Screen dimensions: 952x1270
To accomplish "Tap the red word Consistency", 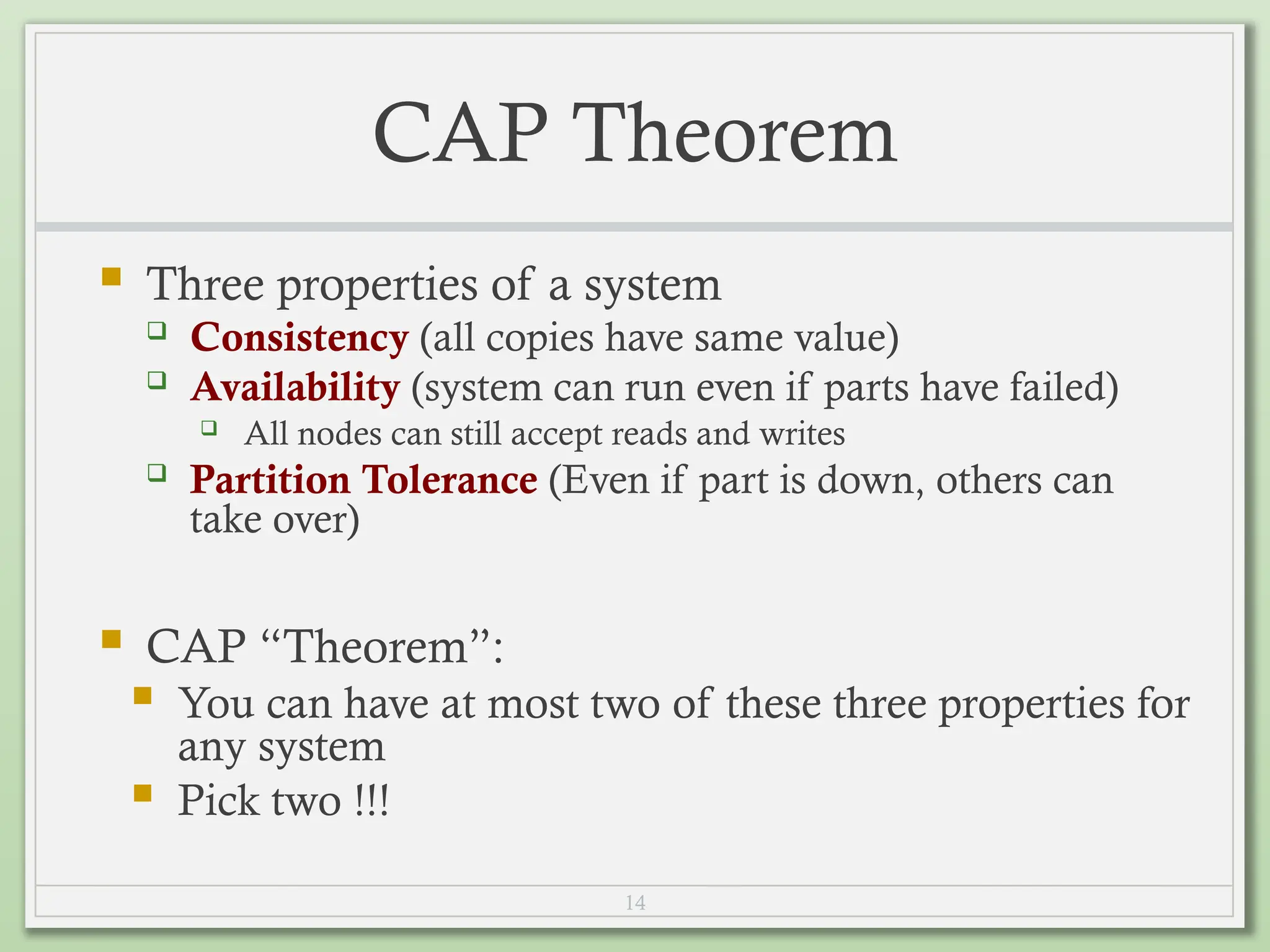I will point(300,338).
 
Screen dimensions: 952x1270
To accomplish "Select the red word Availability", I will point(295,387).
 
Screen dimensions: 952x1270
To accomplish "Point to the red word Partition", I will point(270,480).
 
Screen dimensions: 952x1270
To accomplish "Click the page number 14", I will point(635,902).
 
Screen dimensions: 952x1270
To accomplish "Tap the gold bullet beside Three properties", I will point(112,276).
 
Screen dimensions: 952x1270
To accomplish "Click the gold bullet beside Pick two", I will point(143,793).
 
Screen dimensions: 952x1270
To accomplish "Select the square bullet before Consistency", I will point(157,330).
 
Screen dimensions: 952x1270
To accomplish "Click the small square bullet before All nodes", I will point(209,427).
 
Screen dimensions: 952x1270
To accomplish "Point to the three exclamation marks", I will point(372,800).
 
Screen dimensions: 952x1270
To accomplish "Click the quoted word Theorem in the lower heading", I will point(376,646).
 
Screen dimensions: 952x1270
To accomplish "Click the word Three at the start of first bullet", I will point(205,284).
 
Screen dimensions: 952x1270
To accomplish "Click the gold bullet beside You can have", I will point(143,695).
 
